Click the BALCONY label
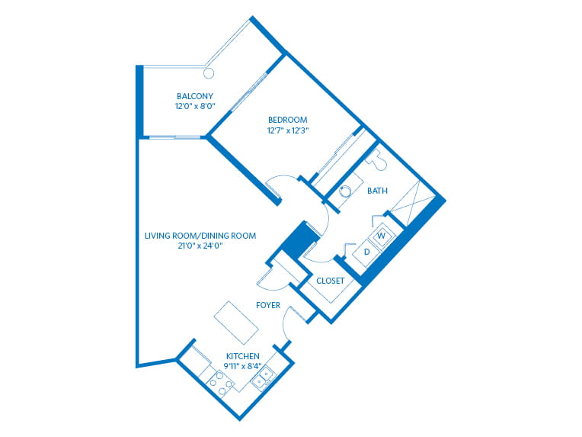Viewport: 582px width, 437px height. click(195, 96)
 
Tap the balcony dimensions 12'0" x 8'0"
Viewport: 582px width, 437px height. click(195, 106)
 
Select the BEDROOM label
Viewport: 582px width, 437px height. click(288, 120)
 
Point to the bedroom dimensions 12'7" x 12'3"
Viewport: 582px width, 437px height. click(288, 130)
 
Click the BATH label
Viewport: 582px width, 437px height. click(378, 191)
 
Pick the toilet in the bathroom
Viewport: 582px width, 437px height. click(378, 160)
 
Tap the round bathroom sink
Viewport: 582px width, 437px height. click(345, 191)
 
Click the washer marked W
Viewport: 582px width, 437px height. click(381, 236)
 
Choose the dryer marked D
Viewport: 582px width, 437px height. click(366, 252)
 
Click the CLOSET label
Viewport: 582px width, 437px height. click(331, 281)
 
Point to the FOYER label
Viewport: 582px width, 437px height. click(268, 306)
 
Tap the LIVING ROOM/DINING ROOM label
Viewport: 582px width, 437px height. click(200, 236)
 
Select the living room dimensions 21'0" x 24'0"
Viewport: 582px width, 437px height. click(200, 246)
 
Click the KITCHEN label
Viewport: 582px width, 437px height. click(243, 356)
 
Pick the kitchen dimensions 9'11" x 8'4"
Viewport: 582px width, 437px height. click(243, 366)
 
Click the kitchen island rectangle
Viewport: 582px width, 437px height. click(236, 323)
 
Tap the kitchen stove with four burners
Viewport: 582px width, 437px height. click(220, 384)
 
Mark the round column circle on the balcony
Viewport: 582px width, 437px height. click(209, 73)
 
